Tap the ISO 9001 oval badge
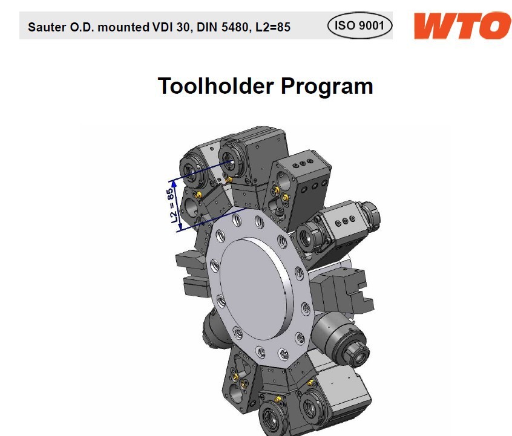click(x=359, y=25)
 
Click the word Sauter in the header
click(x=47, y=27)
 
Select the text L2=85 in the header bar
click(x=273, y=27)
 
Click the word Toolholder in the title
click(x=216, y=86)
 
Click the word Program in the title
click(x=327, y=87)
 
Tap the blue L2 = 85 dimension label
click(x=172, y=206)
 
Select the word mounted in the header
click(x=123, y=27)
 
